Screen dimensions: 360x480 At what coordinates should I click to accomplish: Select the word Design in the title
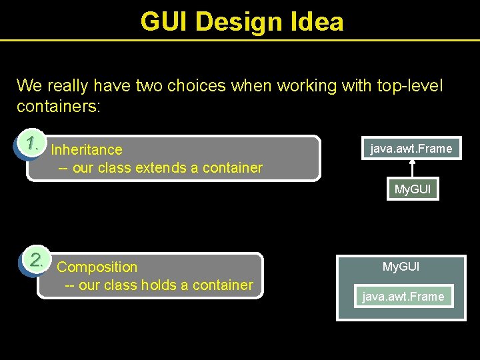pyautogui.click(x=241, y=21)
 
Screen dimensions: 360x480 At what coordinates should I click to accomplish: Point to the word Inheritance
pyautogui.click(x=87, y=150)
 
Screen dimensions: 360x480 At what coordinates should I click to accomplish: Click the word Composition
pyautogui.click(x=97, y=267)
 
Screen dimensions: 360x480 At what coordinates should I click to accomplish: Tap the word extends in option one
pyautogui.click(x=159, y=168)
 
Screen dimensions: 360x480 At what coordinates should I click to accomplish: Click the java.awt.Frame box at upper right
pyautogui.click(x=411, y=149)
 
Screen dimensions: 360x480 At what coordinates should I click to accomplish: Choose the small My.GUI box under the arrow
pyautogui.click(x=413, y=189)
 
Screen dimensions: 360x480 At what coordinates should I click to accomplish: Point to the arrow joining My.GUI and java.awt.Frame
pyautogui.click(x=412, y=169)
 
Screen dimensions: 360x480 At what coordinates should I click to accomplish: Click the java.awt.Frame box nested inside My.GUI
pyautogui.click(x=403, y=297)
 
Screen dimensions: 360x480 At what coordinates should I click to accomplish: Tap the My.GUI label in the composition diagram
pyautogui.click(x=401, y=267)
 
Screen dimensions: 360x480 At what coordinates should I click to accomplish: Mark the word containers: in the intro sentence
pyautogui.click(x=59, y=107)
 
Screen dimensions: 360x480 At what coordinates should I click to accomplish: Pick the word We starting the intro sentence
pyautogui.click(x=29, y=86)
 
